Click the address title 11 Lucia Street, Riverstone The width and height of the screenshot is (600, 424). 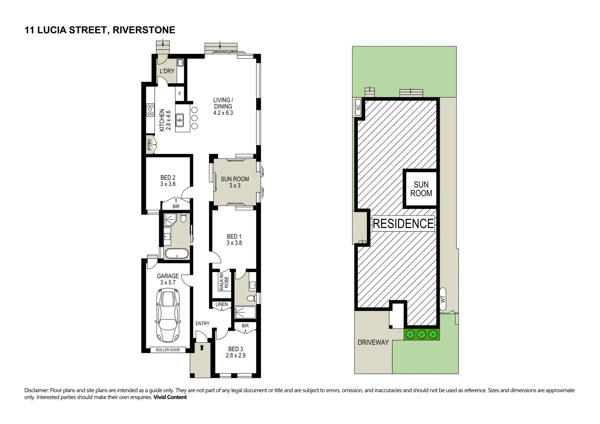(x=100, y=30)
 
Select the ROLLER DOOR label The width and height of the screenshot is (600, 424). (x=168, y=350)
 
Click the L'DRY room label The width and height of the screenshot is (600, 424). (x=167, y=71)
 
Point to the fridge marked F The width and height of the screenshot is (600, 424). (x=180, y=94)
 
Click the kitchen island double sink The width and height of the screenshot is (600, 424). (x=180, y=120)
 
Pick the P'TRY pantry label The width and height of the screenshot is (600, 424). (x=149, y=145)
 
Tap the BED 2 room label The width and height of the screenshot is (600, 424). (x=168, y=181)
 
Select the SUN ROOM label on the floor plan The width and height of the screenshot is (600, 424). (x=235, y=182)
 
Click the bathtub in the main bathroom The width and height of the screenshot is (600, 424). (x=176, y=254)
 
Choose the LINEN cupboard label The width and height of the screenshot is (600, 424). (x=222, y=304)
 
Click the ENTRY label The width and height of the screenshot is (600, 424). (x=202, y=323)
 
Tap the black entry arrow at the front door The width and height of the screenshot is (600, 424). (x=202, y=347)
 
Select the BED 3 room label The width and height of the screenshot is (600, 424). (x=235, y=352)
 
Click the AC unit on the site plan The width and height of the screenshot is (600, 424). (x=358, y=106)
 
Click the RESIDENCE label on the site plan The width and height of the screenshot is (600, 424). (x=403, y=223)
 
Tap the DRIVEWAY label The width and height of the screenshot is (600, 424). (x=373, y=342)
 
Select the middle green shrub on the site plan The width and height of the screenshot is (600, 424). (x=422, y=334)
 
